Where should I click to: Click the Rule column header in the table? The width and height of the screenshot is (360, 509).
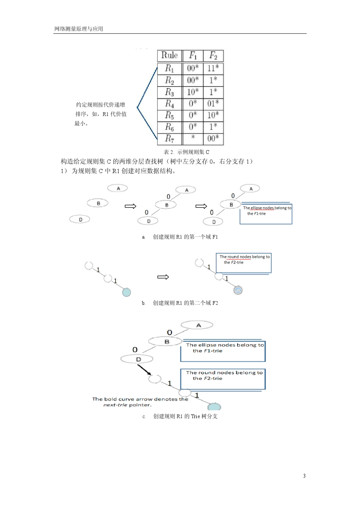click(170, 56)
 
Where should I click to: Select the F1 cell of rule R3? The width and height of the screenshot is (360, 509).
click(193, 92)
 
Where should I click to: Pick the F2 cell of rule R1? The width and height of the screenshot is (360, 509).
click(213, 68)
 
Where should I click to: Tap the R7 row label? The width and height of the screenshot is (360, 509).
click(170, 139)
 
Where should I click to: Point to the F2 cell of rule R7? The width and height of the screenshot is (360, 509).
click(213, 139)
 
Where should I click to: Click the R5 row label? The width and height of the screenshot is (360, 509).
click(170, 116)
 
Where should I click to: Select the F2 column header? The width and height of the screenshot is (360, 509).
click(213, 56)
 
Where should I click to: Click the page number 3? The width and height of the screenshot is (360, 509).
click(304, 476)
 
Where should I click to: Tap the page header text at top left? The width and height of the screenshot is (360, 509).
click(78, 29)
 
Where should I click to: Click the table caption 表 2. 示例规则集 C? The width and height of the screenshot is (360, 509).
click(186, 152)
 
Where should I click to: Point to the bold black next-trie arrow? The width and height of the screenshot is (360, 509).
click(144, 370)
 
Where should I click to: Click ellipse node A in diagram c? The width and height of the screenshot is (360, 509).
click(197, 325)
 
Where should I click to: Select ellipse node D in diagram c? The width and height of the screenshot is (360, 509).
click(137, 359)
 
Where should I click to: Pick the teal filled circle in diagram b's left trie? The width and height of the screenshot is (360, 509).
click(127, 292)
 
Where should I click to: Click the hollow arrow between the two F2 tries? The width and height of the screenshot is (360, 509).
click(163, 277)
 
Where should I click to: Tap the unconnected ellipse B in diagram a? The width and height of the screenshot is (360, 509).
click(97, 203)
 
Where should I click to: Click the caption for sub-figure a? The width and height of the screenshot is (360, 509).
click(180, 237)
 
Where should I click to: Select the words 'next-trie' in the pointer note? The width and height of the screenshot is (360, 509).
click(115, 405)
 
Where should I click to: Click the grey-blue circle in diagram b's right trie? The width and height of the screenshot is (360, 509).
click(238, 290)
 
